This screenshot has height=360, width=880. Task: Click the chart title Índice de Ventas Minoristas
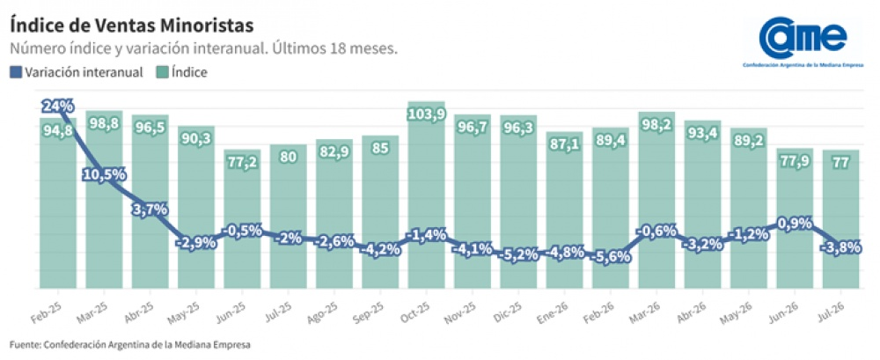(x=132, y=26)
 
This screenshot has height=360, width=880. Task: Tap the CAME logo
(x=803, y=42)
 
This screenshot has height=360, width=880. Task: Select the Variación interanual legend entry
(x=77, y=72)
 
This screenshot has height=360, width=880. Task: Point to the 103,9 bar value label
(x=426, y=114)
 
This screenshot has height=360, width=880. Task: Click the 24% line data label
(x=58, y=106)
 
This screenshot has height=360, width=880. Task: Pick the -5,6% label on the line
(x=610, y=257)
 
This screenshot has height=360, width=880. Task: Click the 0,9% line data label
(x=794, y=224)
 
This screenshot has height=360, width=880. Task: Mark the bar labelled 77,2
(x=242, y=219)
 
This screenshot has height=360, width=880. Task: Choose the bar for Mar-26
(x=656, y=200)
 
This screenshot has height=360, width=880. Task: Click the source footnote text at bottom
(x=129, y=343)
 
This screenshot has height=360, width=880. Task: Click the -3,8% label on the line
(x=840, y=248)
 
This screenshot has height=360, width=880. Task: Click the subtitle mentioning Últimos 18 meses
(x=204, y=49)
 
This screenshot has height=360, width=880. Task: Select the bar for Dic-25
(x=518, y=202)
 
